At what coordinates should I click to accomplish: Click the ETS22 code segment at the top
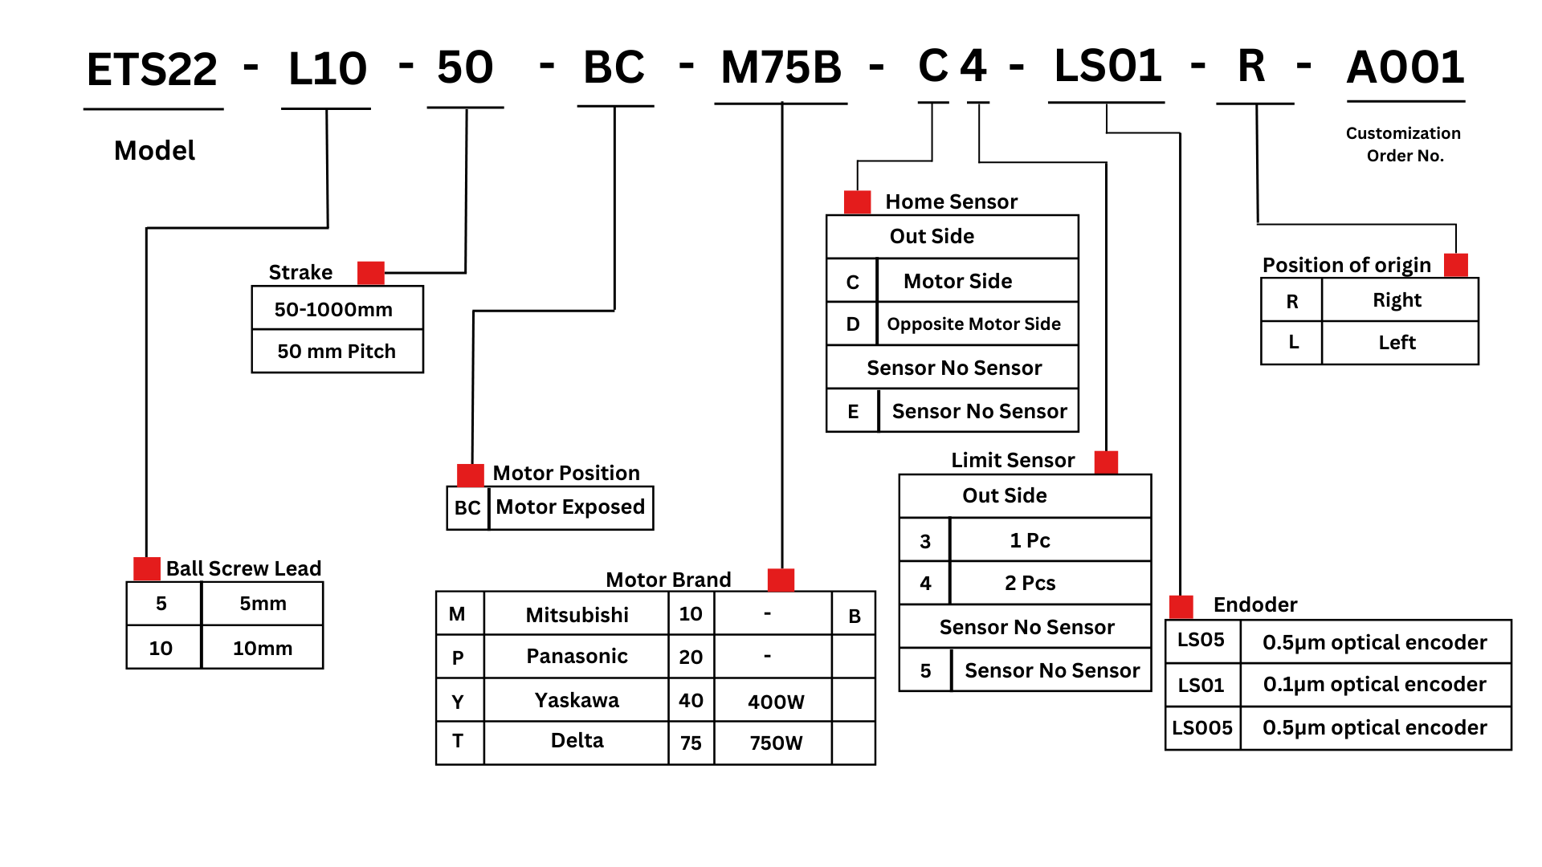pyautogui.click(x=152, y=69)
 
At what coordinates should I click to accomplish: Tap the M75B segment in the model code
pyautogui.click(x=781, y=67)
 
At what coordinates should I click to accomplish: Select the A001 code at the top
pyautogui.click(x=1405, y=67)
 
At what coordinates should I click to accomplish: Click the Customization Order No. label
pyautogui.click(x=1404, y=144)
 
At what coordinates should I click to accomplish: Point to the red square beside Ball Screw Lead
pyautogui.click(x=147, y=568)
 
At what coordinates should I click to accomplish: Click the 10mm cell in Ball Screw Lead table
pyautogui.click(x=263, y=648)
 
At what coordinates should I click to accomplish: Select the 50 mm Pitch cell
pyautogui.click(x=337, y=352)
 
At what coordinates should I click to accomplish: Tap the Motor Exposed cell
pyautogui.click(x=570, y=507)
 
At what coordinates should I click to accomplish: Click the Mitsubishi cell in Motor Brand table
pyautogui.click(x=577, y=615)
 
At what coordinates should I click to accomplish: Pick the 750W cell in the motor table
pyautogui.click(x=776, y=743)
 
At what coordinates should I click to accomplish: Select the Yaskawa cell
pyautogui.click(x=577, y=701)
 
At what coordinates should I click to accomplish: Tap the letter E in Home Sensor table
pyautogui.click(x=853, y=412)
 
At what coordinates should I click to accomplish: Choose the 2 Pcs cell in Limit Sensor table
pyautogui.click(x=1030, y=584)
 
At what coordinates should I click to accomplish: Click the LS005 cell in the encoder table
pyautogui.click(x=1202, y=728)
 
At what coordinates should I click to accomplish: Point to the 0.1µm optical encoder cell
pyautogui.click(x=1375, y=685)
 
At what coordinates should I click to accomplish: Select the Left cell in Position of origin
pyautogui.click(x=1397, y=343)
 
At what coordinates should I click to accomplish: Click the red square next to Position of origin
pyautogui.click(x=1456, y=265)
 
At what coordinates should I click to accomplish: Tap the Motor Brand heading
pyautogui.click(x=668, y=580)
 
